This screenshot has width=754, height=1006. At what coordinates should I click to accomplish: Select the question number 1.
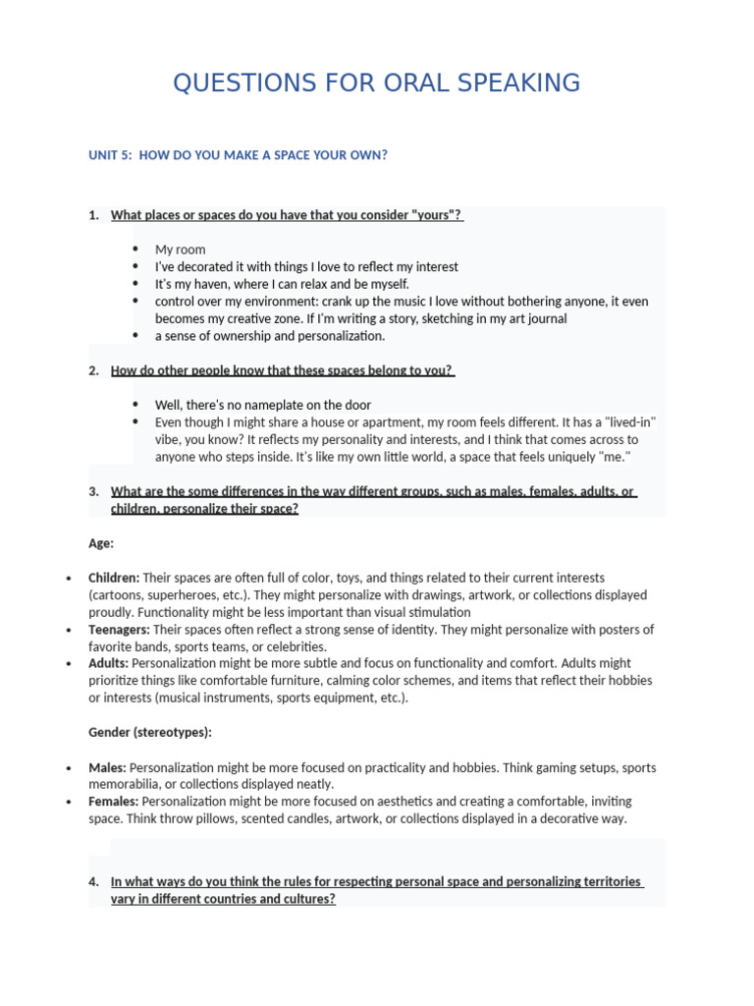(93, 215)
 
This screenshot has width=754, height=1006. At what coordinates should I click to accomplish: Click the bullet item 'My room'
(181, 250)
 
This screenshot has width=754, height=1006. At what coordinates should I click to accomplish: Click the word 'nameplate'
(286, 405)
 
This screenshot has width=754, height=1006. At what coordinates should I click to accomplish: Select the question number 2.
(93, 370)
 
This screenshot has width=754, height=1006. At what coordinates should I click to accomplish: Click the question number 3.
(93, 491)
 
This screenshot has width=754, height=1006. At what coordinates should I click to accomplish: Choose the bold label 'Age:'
(101, 542)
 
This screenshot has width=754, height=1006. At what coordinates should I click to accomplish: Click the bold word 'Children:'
(114, 578)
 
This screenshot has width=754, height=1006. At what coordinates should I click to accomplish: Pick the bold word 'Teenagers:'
(119, 630)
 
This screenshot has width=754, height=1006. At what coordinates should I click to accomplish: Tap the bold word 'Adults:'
(108, 663)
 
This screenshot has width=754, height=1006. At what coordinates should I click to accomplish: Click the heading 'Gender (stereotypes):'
(149, 733)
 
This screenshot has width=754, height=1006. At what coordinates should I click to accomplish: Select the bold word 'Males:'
(107, 767)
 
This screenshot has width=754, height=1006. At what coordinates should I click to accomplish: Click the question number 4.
(93, 881)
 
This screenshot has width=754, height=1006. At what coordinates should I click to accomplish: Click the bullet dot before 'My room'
(135, 250)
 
